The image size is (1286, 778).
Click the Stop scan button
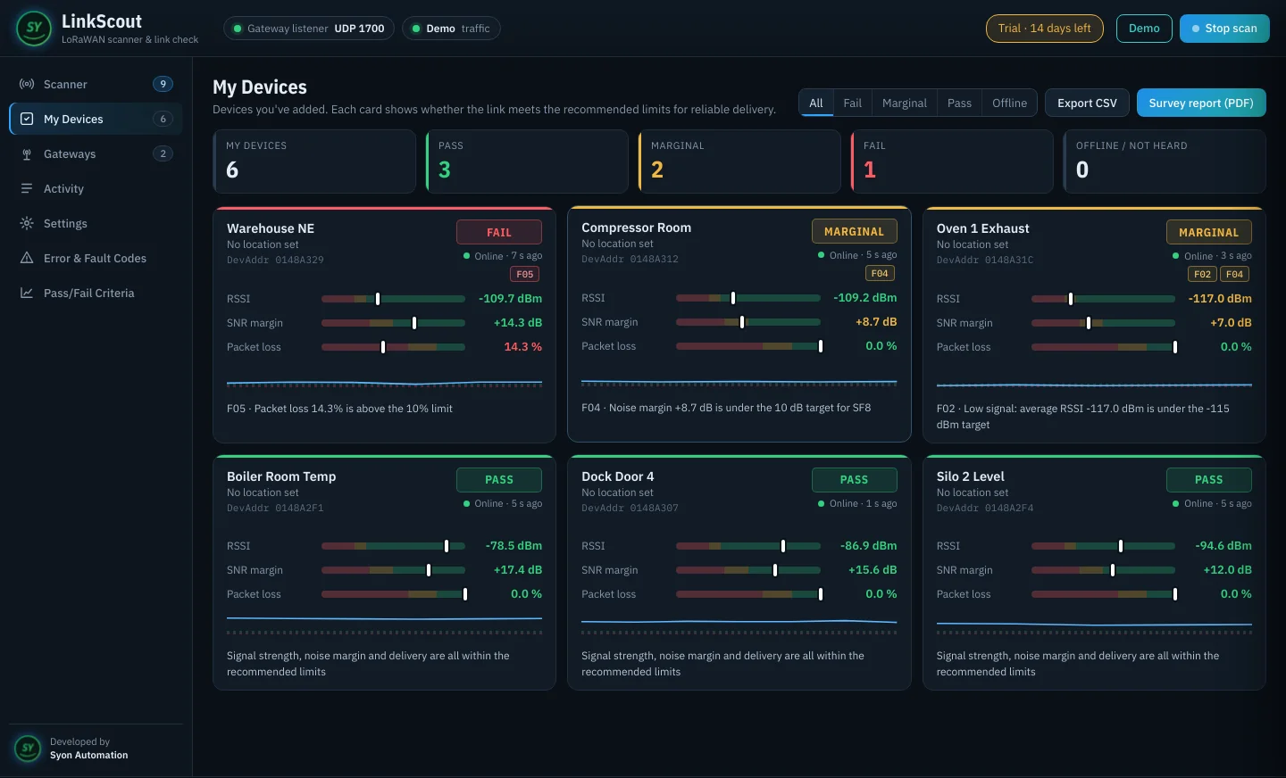pos(1224,29)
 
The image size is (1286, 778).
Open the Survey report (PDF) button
pos(1201,103)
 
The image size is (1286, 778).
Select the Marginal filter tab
pos(904,103)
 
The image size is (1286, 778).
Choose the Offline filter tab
pos(1009,103)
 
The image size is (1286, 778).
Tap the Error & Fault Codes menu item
pos(96,258)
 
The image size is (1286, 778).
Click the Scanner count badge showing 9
pos(163,84)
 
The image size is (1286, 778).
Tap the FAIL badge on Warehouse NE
pos(499,232)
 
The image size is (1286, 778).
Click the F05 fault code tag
pos(525,274)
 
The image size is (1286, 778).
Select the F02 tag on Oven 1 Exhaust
pos(1202,274)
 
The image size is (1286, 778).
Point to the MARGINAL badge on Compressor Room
pos(855,231)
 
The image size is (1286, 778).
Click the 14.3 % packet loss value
pos(523,346)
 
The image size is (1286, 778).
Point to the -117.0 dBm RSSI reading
pos(1220,298)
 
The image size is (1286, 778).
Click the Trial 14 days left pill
pos(1044,29)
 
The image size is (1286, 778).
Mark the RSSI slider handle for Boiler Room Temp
pos(447,546)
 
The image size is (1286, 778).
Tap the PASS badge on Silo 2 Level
pos(1209,480)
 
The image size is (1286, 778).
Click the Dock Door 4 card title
pos(618,476)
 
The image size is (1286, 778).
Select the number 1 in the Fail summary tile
pos(870,170)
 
